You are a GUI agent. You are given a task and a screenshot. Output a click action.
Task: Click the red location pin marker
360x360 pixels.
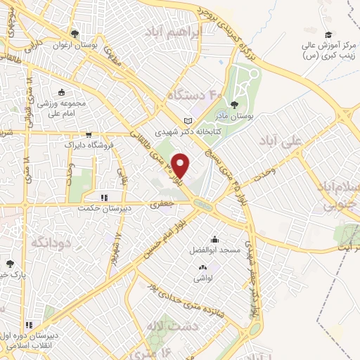click(x=181, y=164)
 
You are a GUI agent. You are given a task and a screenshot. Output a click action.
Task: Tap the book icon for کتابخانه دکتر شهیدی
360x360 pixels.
click(x=186, y=120)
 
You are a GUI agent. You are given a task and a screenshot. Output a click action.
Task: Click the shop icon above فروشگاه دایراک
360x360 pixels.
click(x=89, y=135)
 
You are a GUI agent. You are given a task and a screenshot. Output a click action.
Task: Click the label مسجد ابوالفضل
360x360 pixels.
click(x=214, y=250)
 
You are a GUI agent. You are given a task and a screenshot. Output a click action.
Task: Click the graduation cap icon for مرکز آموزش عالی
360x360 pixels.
click(x=328, y=34)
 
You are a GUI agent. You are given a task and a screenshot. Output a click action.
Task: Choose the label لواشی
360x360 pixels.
click(x=204, y=278)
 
